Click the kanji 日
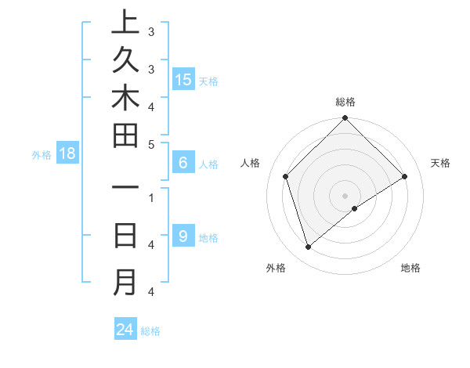click(125, 236)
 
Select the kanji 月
click(125, 283)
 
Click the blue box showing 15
click(183, 79)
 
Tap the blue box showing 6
click(183, 163)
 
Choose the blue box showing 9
click(183, 236)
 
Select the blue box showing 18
click(67, 153)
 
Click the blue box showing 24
click(125, 330)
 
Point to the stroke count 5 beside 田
click(150, 143)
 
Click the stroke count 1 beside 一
click(150, 197)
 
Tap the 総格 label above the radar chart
click(345, 102)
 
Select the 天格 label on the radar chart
click(440, 163)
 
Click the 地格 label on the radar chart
click(410, 269)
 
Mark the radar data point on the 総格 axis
click(345, 120)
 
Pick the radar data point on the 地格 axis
click(355, 208)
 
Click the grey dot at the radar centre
click(345, 196)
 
